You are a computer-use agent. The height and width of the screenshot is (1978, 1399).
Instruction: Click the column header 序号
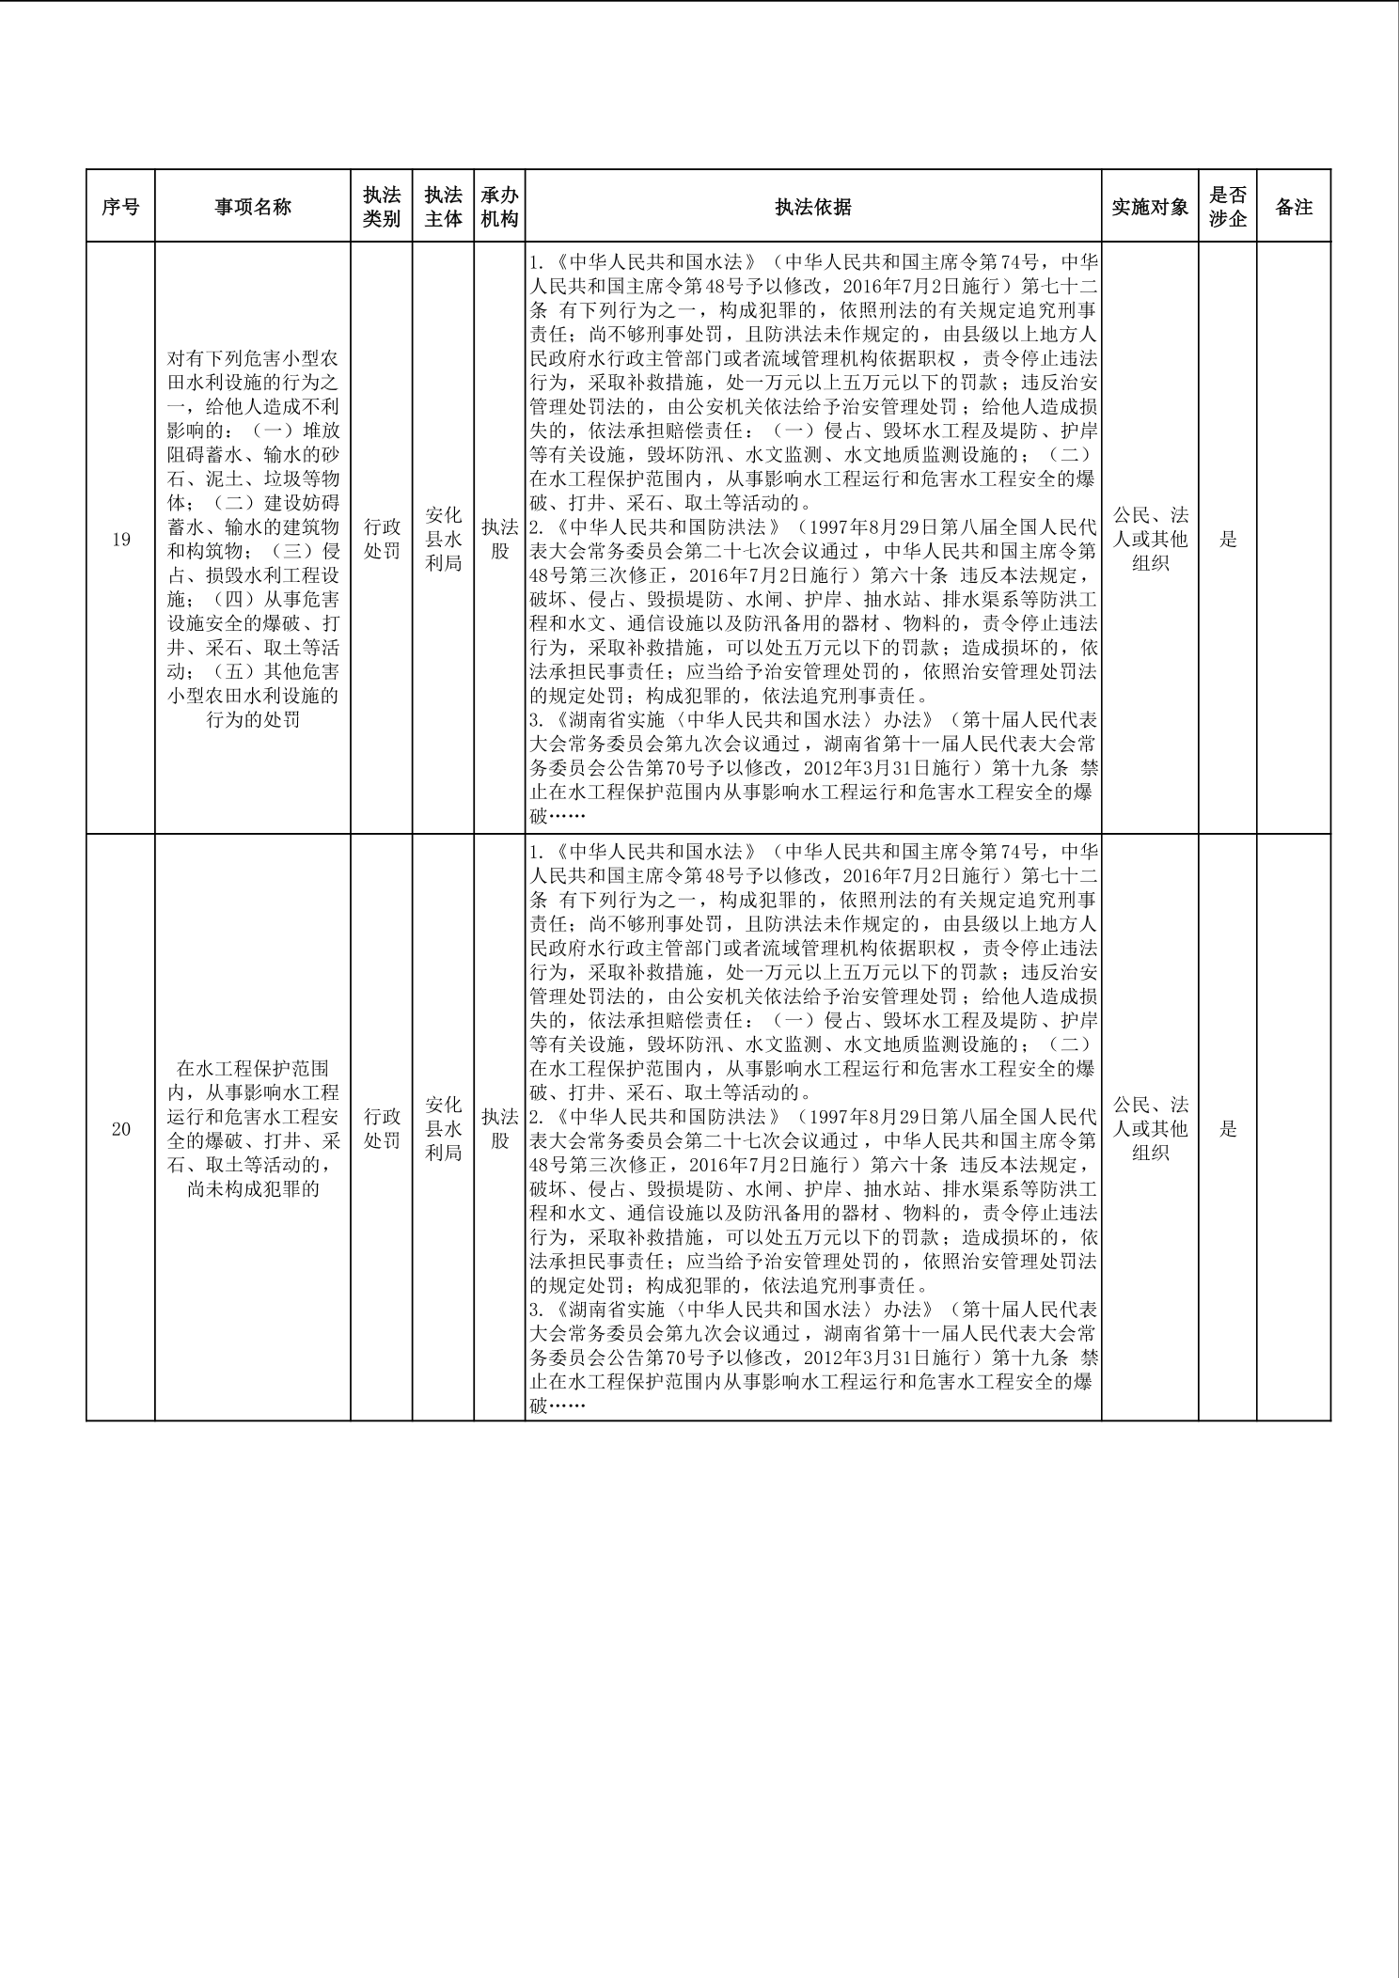(120, 207)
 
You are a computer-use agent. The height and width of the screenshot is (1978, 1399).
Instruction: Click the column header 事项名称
(253, 207)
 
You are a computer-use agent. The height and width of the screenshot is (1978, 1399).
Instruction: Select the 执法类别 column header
(382, 207)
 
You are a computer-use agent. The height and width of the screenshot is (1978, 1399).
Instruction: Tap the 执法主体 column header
(443, 207)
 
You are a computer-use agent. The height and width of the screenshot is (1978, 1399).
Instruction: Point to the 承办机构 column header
(499, 207)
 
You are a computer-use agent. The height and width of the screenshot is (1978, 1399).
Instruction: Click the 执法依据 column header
(813, 207)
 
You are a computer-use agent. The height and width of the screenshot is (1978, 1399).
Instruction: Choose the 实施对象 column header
(1150, 207)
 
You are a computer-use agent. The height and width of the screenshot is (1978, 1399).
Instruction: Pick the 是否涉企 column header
(1228, 207)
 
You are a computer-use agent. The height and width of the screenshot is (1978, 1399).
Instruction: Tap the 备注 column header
(1294, 207)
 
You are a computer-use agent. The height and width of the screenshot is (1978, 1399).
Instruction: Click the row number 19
(120, 540)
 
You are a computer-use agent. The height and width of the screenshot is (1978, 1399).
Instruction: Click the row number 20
(120, 1129)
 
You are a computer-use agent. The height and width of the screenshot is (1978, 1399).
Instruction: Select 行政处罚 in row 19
(382, 539)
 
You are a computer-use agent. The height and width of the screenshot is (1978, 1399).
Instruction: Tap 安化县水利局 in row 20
(443, 1128)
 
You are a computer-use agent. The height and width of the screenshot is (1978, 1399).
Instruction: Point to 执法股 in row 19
(499, 539)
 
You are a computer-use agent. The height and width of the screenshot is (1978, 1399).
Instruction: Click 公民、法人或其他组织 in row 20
(1150, 1128)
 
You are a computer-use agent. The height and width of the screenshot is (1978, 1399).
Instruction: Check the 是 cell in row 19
(1228, 540)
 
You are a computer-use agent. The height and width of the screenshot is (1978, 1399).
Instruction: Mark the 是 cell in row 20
(1228, 1129)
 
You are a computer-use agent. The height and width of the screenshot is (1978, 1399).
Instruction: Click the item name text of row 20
(253, 1128)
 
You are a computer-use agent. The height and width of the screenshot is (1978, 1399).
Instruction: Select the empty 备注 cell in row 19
(1294, 539)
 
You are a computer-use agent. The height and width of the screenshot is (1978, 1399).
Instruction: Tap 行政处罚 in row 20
(382, 1128)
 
